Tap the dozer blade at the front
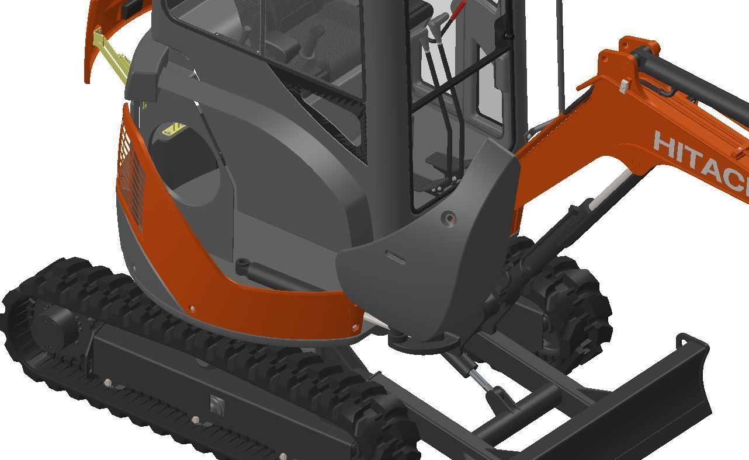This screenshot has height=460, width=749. (637, 403)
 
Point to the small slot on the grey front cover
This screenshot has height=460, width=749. (395, 257)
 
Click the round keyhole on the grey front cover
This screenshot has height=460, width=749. (449, 218)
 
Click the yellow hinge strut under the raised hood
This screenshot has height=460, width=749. (111, 55)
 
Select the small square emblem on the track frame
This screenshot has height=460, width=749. (217, 403)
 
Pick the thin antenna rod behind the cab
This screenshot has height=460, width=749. (560, 53)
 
